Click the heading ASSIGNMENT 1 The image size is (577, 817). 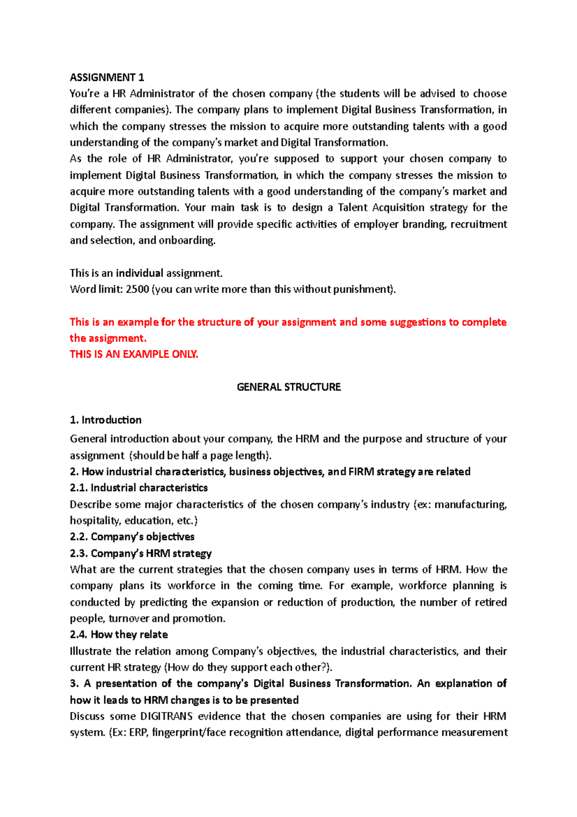(x=107, y=77)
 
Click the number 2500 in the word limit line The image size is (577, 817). (x=137, y=289)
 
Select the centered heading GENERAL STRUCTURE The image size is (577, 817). (x=288, y=387)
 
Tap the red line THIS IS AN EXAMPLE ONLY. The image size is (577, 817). (x=134, y=354)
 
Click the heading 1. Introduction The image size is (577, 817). (x=106, y=420)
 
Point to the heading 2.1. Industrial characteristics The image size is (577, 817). (x=138, y=488)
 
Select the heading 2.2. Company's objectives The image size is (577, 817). (x=132, y=536)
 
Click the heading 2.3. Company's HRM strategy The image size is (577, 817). (x=140, y=553)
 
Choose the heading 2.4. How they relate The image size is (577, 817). (x=119, y=635)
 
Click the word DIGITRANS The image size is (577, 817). (x=166, y=716)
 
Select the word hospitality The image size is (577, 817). (x=95, y=521)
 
